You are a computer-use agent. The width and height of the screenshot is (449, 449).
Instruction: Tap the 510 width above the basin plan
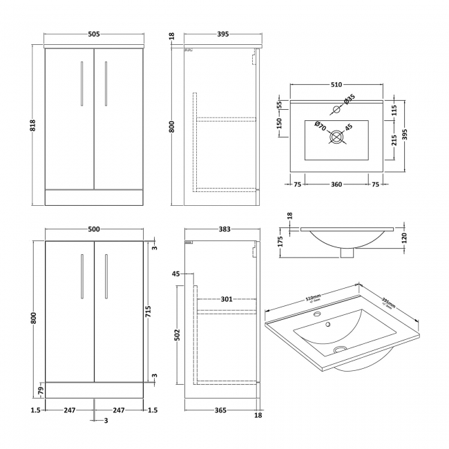336,85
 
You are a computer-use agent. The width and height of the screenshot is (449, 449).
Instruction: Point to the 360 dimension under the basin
336,184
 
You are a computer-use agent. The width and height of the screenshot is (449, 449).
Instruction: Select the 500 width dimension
93,229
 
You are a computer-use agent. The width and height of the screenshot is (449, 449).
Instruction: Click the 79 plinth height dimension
41,392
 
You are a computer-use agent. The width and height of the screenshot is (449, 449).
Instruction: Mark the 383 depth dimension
220,229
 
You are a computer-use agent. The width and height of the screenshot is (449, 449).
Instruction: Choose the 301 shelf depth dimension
226,299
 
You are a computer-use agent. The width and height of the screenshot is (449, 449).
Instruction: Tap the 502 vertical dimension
177,335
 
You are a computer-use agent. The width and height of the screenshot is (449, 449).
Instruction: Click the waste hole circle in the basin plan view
336,138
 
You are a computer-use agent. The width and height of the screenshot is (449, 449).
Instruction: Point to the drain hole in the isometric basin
338,350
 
